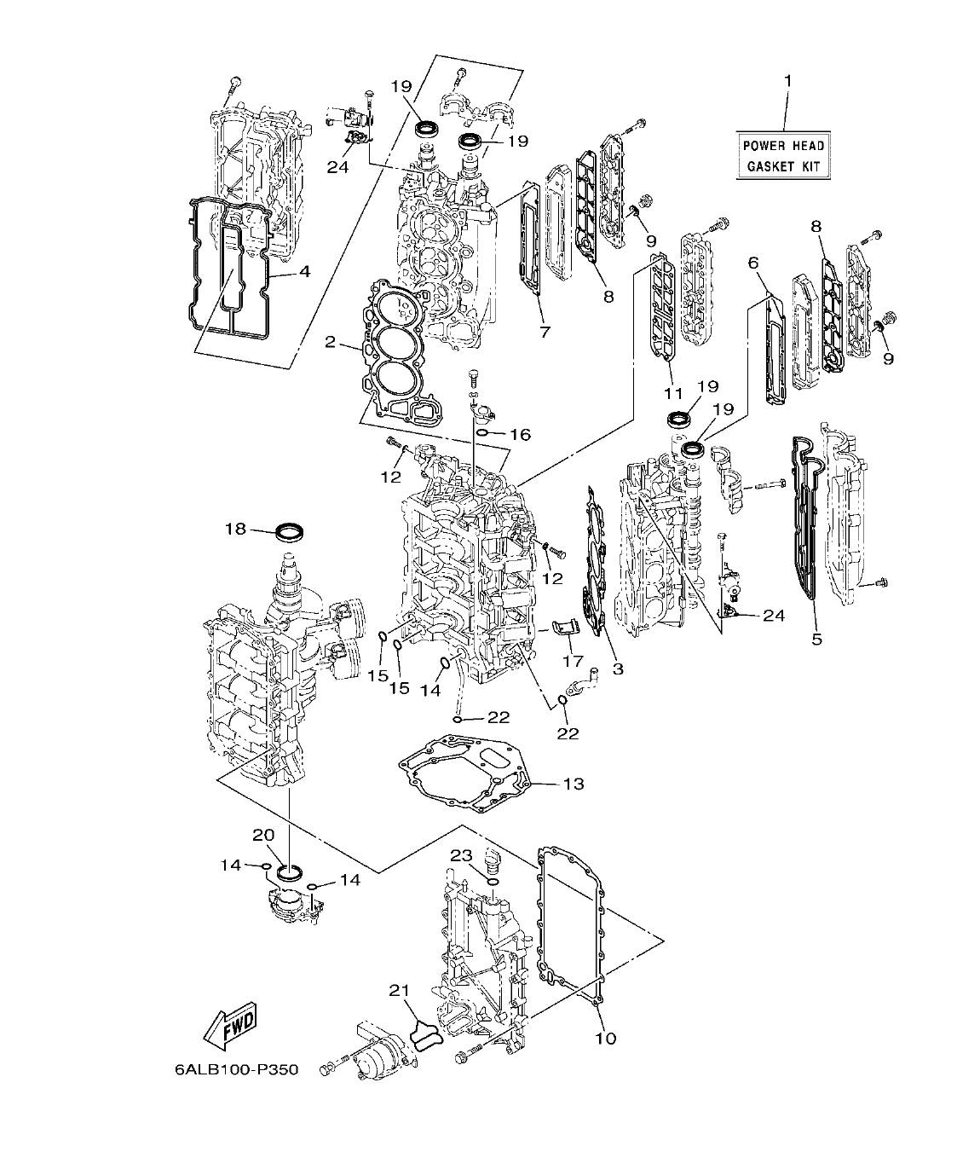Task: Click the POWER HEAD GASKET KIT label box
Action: point(782,155)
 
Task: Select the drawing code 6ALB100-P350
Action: point(230,1068)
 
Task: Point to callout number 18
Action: point(235,529)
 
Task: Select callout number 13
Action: point(574,783)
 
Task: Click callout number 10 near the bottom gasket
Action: point(606,1039)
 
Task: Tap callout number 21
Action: point(400,990)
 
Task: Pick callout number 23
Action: point(460,854)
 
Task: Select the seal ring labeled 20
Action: point(289,871)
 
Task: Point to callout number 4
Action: point(303,273)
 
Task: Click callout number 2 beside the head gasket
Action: point(331,343)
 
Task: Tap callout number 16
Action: point(520,435)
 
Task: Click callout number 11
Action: point(674,393)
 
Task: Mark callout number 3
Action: point(618,669)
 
